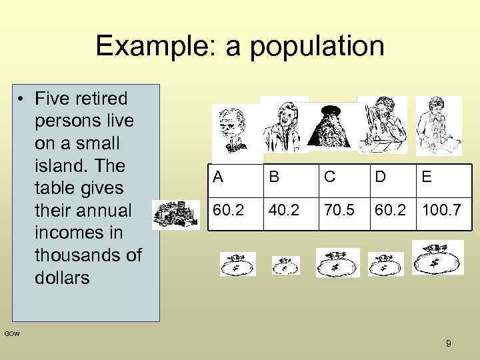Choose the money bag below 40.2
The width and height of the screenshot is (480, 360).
click(285, 265)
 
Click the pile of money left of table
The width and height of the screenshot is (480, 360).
click(176, 215)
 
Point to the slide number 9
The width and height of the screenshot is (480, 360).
click(448, 343)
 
